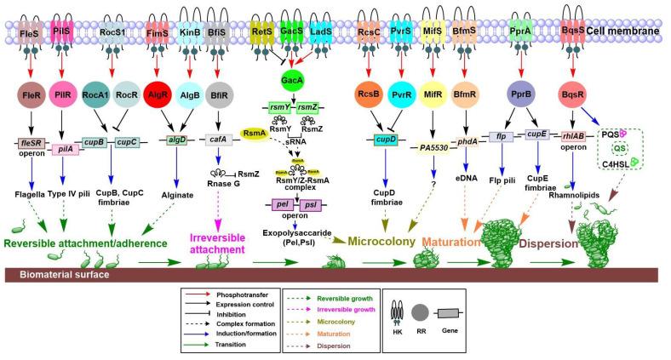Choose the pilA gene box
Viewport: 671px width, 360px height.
point(66,150)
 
